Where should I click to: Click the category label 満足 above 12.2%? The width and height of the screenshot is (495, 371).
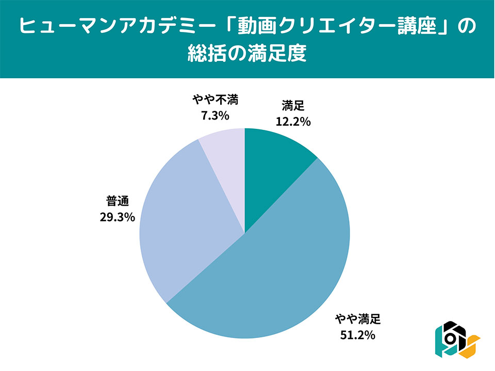292,107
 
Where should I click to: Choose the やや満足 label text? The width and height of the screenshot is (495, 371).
357,320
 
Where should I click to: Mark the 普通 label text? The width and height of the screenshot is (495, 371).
118,201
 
